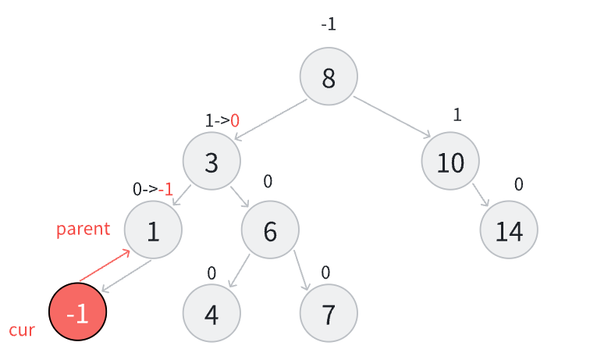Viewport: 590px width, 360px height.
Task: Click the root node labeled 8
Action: click(x=329, y=77)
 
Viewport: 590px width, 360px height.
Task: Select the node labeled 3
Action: click(x=211, y=162)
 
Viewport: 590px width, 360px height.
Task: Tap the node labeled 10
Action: click(x=450, y=162)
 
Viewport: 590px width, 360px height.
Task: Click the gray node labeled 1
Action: click(x=153, y=230)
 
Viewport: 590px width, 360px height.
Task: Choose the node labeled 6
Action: click(x=270, y=230)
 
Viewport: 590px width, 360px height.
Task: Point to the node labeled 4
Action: click(x=211, y=313)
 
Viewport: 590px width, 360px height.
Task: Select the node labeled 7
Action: click(x=329, y=313)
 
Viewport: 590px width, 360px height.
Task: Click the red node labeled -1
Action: click(x=77, y=312)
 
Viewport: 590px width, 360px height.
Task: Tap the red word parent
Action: click(x=83, y=229)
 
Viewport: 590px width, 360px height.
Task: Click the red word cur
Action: click(x=22, y=330)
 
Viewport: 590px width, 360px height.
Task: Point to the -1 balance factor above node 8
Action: click(x=329, y=24)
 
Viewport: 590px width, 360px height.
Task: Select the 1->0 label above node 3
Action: click(x=222, y=120)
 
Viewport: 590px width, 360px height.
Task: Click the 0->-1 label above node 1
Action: click(x=153, y=188)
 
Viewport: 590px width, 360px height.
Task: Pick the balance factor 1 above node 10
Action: click(x=457, y=115)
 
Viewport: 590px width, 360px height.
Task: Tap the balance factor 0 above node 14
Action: click(x=518, y=184)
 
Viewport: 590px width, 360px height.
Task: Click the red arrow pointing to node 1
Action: click(x=105, y=266)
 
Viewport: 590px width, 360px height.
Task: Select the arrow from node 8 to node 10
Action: click(x=393, y=117)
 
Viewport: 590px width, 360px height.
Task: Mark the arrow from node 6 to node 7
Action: click(x=301, y=271)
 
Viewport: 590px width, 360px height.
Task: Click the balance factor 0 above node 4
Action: click(x=211, y=273)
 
